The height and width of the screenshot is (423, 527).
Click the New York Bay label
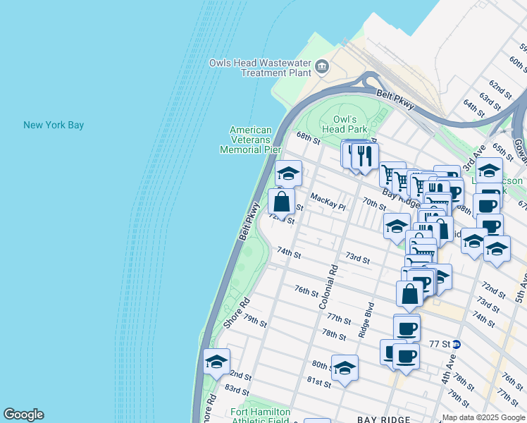pos(54,125)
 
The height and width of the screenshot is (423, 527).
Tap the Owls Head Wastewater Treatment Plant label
pos(260,68)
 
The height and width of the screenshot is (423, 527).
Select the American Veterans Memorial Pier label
pos(250,140)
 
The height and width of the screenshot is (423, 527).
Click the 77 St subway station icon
pos(457,345)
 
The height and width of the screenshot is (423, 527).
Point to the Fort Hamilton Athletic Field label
pos(261,416)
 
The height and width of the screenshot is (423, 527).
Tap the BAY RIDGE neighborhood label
pos(384,419)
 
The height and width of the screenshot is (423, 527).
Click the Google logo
pos(23,415)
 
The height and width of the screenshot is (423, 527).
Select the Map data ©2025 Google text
pos(483,417)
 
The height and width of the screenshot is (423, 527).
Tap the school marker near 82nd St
pos(216,362)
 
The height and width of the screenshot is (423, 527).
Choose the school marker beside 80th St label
pos(345,368)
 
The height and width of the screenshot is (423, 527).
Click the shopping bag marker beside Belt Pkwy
pos(281,202)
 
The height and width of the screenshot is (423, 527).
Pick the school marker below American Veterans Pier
pos(287,173)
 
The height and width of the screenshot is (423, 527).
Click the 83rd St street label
pos(237,389)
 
